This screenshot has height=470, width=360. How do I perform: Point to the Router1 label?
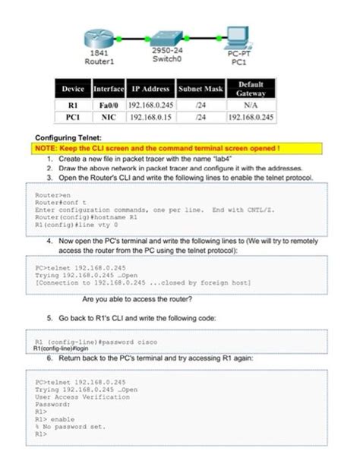[99, 61]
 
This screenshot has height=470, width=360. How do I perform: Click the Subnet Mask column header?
[201, 89]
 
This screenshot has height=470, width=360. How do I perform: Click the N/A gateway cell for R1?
[251, 105]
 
